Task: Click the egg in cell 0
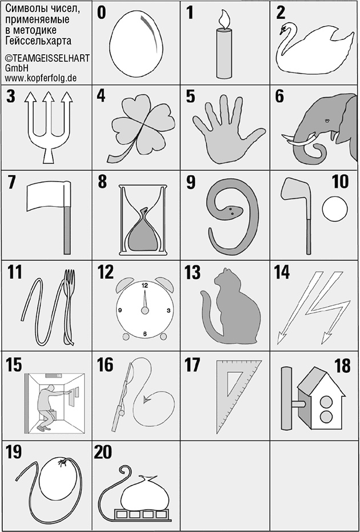(136, 42)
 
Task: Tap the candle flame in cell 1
(223, 19)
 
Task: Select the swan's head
(285, 29)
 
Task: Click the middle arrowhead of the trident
(49, 98)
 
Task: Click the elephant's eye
(327, 121)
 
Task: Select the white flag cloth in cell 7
(48, 195)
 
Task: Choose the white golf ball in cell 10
(335, 209)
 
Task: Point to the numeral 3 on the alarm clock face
(169, 311)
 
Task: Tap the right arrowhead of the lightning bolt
(327, 337)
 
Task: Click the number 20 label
(103, 452)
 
